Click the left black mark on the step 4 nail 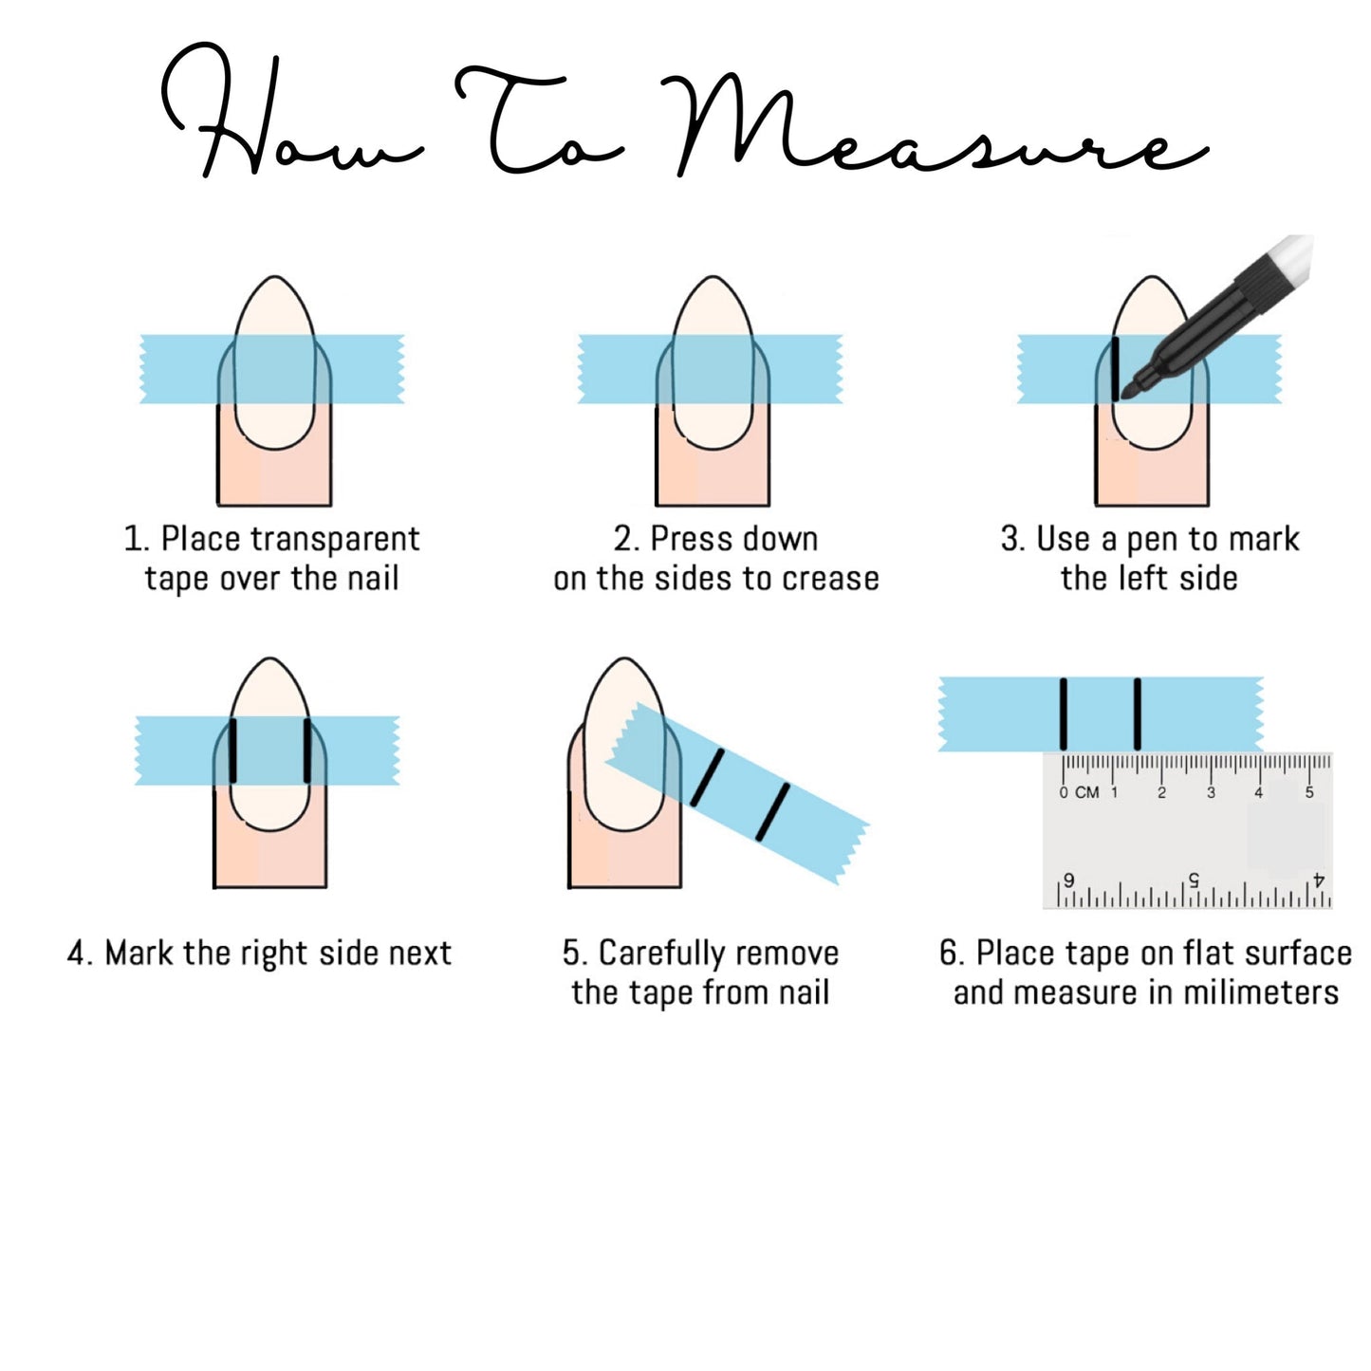pyautogui.click(x=232, y=750)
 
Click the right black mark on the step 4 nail pyautogui.click(x=306, y=750)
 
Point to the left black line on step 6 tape pyautogui.click(x=1064, y=713)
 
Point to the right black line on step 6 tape pyautogui.click(x=1137, y=713)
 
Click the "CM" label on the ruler pyautogui.click(x=1087, y=792)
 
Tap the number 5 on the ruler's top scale pyautogui.click(x=1308, y=792)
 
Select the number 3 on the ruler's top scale pyautogui.click(x=1211, y=792)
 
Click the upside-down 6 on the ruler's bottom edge pyautogui.click(x=1069, y=880)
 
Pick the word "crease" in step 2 pyautogui.click(x=829, y=578)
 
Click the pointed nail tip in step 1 pyautogui.click(x=274, y=280)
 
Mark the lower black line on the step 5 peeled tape pyautogui.click(x=771, y=812)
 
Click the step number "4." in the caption pyautogui.click(x=80, y=953)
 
